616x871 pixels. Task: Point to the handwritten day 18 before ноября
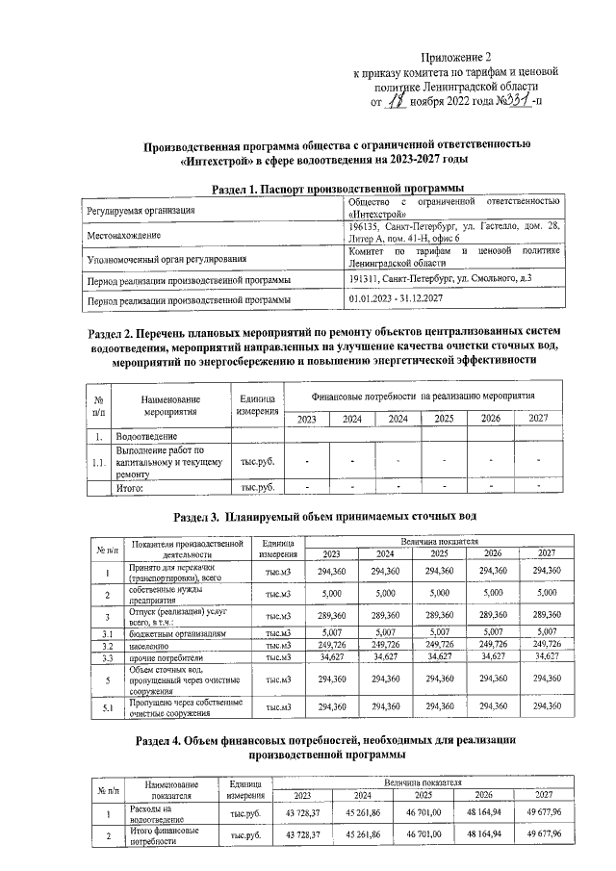pyautogui.click(x=397, y=98)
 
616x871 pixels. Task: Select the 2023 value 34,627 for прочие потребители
pyautogui.click(x=331, y=655)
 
